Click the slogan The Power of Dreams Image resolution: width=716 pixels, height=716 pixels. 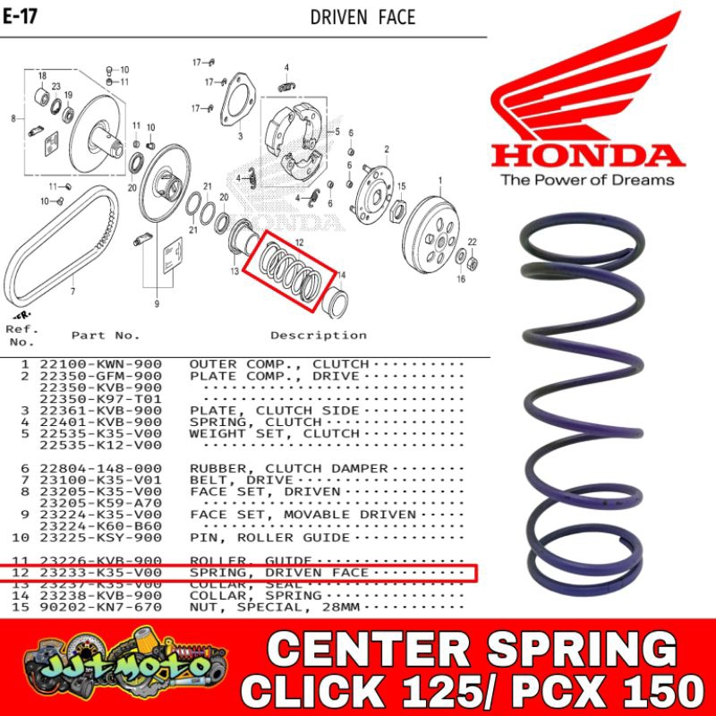(587, 180)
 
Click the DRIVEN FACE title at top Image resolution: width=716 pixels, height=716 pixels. (362, 17)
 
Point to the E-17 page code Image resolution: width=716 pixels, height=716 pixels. (19, 17)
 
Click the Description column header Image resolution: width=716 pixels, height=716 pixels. (319, 336)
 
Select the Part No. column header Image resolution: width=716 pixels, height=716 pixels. (106, 336)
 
